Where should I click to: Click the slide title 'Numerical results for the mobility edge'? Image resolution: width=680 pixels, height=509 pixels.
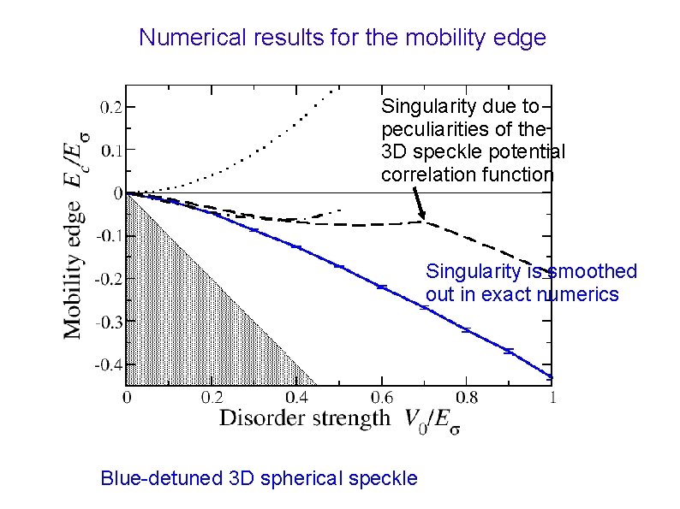coord(342,38)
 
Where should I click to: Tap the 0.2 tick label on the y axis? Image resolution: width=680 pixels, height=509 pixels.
coord(110,107)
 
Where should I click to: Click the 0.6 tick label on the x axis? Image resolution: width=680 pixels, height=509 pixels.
coord(383,398)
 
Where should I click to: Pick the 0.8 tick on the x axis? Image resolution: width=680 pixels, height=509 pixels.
coord(467,398)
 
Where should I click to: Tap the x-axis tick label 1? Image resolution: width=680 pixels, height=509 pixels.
coord(552,398)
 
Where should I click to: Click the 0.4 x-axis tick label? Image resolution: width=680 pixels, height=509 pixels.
coord(297,398)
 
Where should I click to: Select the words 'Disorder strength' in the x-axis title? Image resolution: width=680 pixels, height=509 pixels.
coord(303,418)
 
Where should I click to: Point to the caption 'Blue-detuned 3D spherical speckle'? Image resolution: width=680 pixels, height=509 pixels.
coord(259,477)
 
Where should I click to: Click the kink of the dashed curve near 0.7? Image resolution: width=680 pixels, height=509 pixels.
coord(425,222)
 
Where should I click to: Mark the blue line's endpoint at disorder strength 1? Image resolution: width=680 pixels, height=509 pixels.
coord(551,377)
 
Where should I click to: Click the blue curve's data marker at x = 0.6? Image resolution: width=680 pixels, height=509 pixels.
coord(382,287)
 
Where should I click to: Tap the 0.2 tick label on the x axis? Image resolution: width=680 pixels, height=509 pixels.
coord(212,398)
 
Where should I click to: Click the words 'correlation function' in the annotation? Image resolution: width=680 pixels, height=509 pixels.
coord(467,175)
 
